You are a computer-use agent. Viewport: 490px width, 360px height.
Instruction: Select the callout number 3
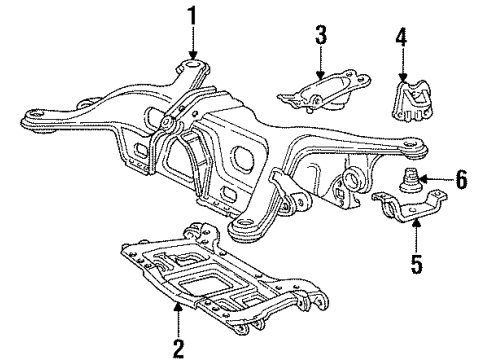click(320, 36)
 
